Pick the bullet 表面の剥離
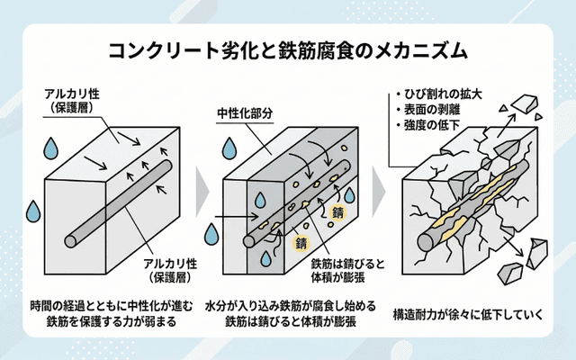coord(432,108)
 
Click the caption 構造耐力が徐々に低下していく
coord(469,315)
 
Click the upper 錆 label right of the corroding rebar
coord(338,213)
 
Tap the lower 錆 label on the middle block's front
coord(301,243)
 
